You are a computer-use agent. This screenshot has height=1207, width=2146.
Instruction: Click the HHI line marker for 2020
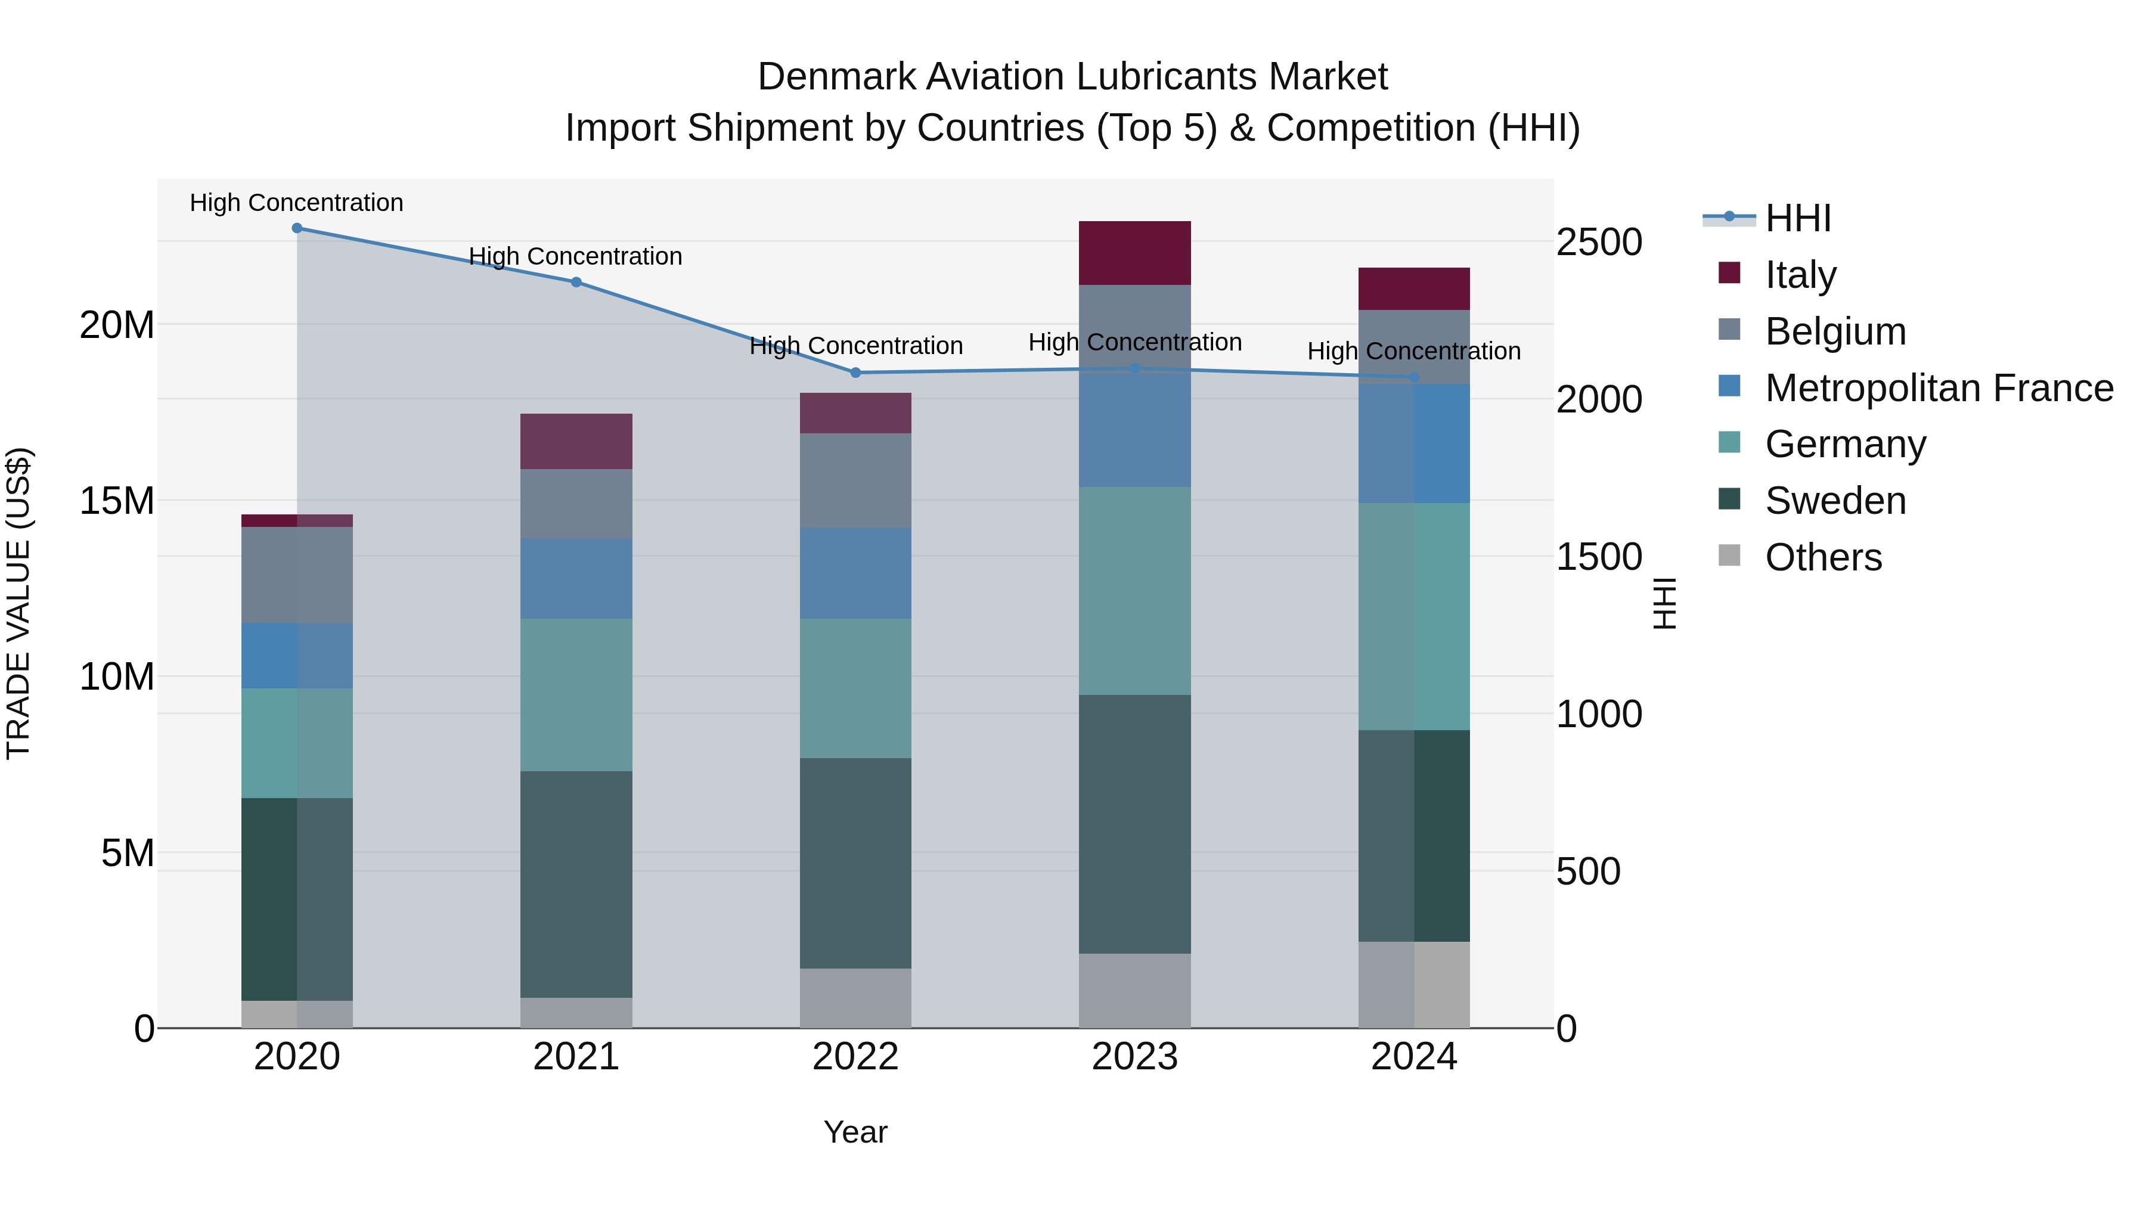click(297, 228)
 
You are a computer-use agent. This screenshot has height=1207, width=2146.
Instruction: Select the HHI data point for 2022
click(855, 373)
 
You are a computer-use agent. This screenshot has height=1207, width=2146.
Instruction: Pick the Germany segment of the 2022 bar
click(855, 687)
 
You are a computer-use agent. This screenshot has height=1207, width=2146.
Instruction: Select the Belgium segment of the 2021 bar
click(576, 503)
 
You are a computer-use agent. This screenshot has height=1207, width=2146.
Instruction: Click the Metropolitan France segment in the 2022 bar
click(855, 572)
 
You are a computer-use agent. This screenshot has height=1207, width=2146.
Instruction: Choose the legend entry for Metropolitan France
click(1938, 388)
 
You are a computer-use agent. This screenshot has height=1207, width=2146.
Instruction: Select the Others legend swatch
click(1729, 556)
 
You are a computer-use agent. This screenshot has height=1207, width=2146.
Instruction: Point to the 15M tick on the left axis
click(117, 501)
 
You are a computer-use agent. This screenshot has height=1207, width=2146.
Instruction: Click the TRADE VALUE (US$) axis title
click(18, 603)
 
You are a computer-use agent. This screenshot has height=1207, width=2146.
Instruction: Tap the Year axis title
click(855, 1132)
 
